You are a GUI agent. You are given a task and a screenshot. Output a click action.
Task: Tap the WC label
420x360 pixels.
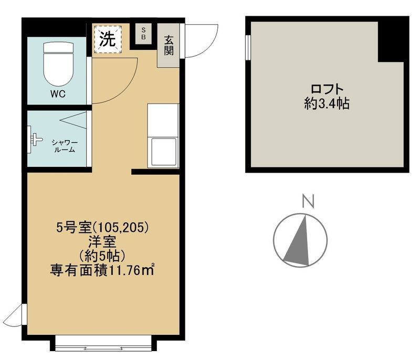tap(57, 95)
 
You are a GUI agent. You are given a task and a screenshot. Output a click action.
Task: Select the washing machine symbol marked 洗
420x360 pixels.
tap(108, 39)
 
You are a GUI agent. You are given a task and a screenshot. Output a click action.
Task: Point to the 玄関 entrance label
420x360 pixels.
tap(169, 45)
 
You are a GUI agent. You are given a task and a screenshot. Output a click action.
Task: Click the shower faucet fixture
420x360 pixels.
tap(36, 140)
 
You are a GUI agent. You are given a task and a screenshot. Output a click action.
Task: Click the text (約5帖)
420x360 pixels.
tap(102, 256)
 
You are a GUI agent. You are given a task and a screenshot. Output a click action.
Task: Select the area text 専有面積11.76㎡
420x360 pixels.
tap(103, 270)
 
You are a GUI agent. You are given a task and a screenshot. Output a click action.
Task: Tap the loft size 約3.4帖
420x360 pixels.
tap(327, 103)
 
